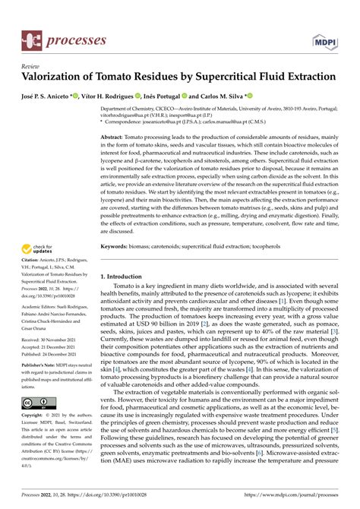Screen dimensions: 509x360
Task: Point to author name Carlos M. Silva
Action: [x=229, y=97]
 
